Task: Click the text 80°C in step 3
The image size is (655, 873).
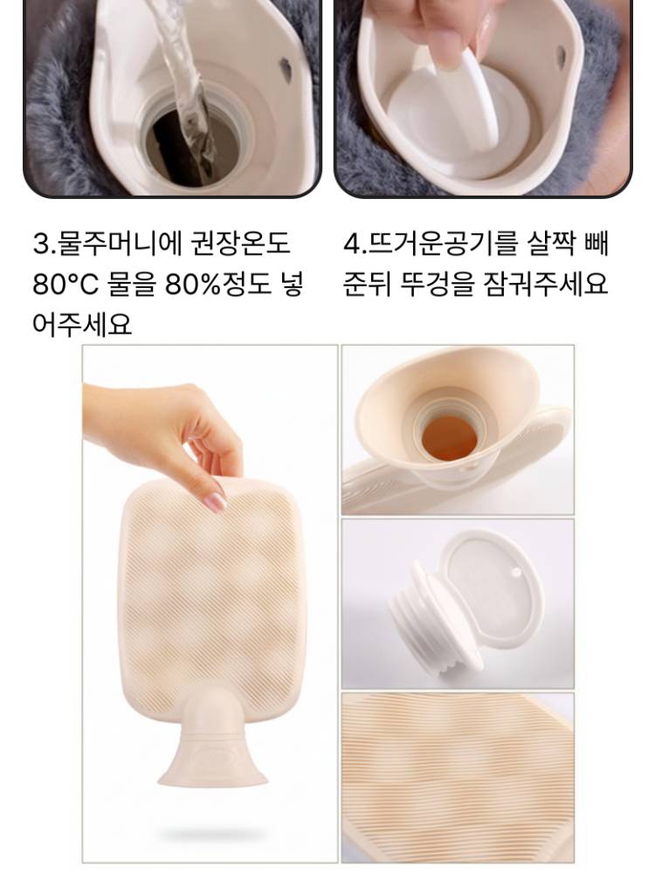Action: click(65, 284)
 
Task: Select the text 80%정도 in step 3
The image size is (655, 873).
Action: click(217, 284)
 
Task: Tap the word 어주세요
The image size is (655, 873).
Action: click(82, 324)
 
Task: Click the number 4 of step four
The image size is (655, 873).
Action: click(352, 244)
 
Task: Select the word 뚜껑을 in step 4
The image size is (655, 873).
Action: click(438, 284)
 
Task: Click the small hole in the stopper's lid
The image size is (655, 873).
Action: click(516, 573)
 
